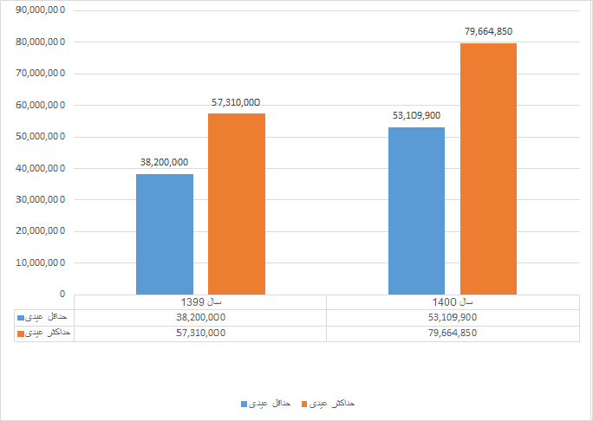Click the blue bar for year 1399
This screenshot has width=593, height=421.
164,234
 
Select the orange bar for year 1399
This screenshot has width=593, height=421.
237,204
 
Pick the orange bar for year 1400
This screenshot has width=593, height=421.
488,169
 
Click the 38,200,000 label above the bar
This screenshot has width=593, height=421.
164,162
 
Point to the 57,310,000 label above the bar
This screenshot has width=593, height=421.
236,102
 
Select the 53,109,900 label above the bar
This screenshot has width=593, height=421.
416,115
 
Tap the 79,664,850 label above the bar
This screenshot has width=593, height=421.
489,32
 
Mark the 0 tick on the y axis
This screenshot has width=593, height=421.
62,294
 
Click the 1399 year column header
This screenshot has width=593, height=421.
201,301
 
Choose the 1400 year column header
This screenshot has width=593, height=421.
453,301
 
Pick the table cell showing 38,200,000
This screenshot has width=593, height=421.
200,317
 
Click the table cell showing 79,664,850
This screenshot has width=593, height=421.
453,333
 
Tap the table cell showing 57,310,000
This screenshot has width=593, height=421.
200,333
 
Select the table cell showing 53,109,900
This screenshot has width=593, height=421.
453,317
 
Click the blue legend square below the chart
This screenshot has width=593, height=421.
244,404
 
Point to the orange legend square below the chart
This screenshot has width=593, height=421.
304,404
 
